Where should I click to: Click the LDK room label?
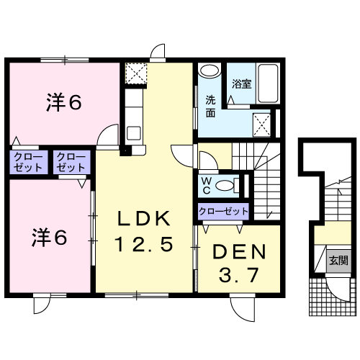pos(144,218)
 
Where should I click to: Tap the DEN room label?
pos(240,251)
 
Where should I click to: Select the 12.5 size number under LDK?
pos(144,244)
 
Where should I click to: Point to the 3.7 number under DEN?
pos(239,275)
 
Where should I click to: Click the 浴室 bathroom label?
pos(241,84)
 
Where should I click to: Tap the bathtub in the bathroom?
pos(268,84)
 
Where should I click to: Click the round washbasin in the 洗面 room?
pos(210,71)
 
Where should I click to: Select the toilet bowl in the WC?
pos(225,186)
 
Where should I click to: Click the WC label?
pos(207,185)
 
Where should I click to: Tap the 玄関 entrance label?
pos(338,260)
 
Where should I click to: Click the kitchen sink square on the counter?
pos(134,133)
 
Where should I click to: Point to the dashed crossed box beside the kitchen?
pos(136,73)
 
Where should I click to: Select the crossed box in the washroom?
pos(262,125)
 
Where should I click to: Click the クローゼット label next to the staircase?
pos(223,212)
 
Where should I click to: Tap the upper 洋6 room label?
pos(64,103)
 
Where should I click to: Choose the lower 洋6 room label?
pos(50,238)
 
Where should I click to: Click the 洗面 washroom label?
pos(210,107)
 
